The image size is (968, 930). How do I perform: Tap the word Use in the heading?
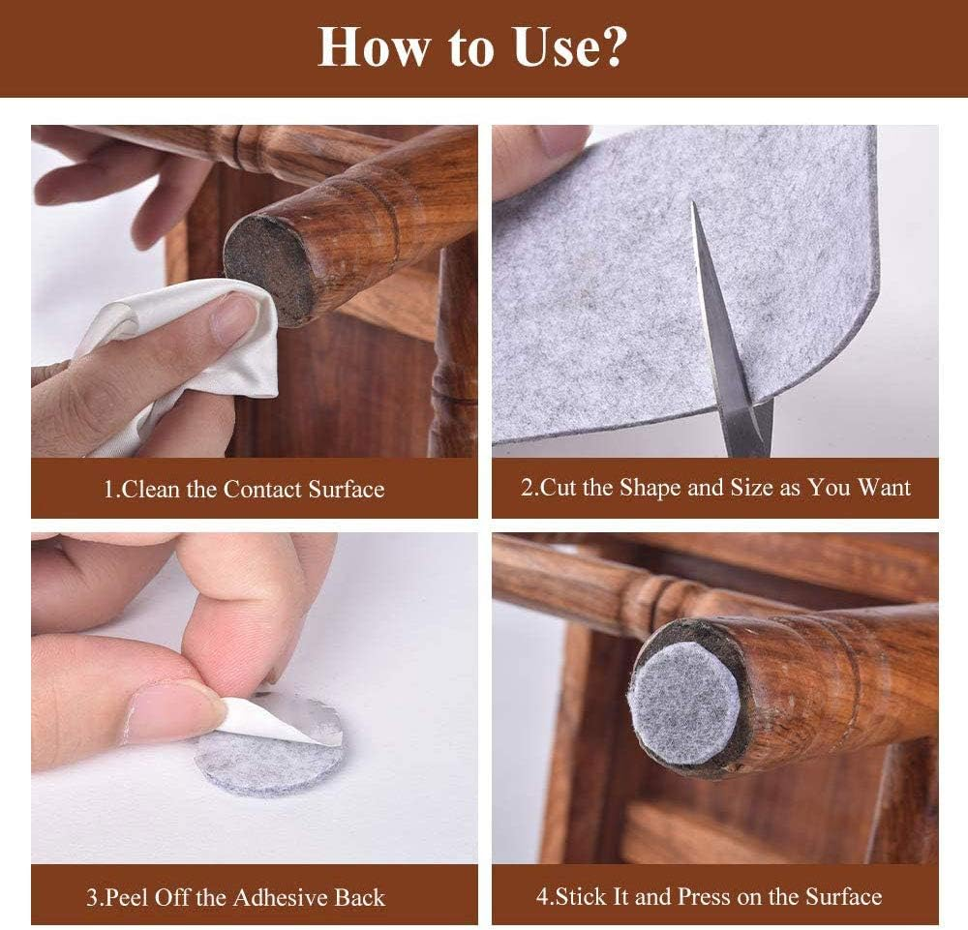pyautogui.click(x=556, y=46)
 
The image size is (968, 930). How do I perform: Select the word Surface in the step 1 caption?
pyautogui.click(x=347, y=490)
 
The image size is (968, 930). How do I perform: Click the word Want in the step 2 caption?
pyautogui.click(x=884, y=488)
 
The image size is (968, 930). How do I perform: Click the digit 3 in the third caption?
pyautogui.click(x=92, y=897)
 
